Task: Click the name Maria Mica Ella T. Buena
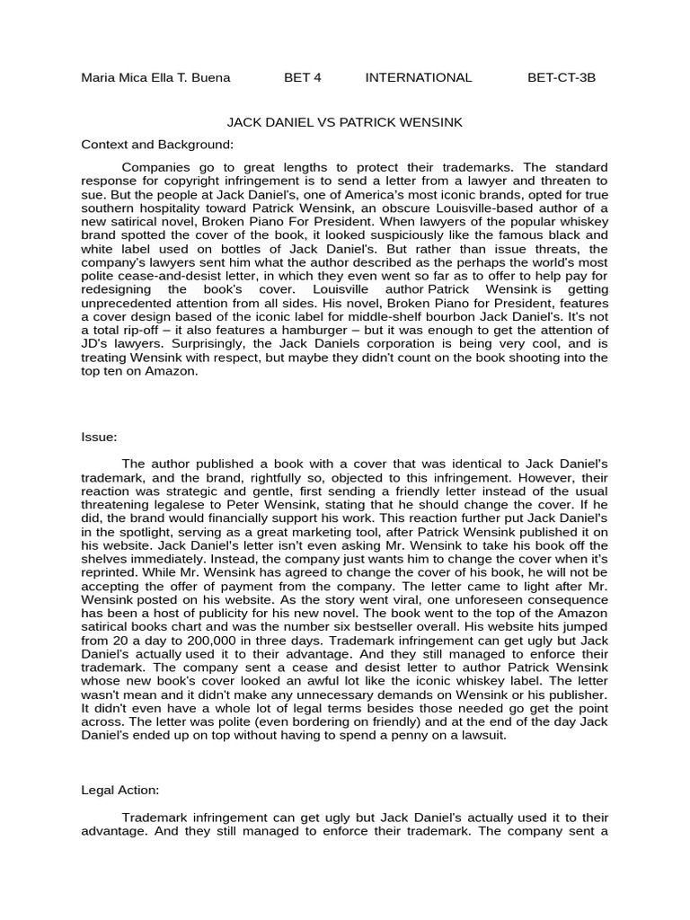point(155,77)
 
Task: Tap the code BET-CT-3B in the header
point(561,77)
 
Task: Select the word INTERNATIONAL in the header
point(418,77)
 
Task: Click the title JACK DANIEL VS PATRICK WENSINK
point(344,121)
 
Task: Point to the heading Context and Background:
point(157,144)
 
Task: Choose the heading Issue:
point(99,437)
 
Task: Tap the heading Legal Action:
point(119,790)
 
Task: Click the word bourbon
point(456,317)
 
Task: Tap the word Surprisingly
point(202,344)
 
